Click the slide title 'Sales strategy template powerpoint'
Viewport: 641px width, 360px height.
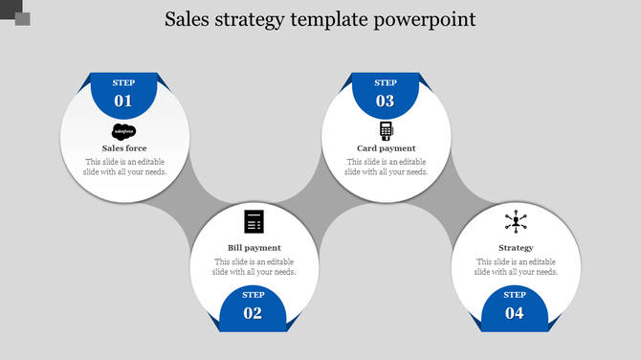(320, 19)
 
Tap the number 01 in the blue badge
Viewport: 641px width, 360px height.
(123, 101)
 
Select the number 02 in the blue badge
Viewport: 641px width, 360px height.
(254, 313)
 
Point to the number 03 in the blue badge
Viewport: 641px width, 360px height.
(385, 101)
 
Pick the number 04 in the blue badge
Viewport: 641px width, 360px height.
(515, 313)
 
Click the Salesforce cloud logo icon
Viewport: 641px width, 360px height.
(124, 131)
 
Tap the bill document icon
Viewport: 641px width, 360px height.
(254, 221)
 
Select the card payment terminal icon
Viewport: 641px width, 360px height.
(386, 130)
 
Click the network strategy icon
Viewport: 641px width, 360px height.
(516, 222)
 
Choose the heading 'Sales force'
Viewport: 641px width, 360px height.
(124, 148)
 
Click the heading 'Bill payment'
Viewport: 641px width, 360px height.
(254, 248)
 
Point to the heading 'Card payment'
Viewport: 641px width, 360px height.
(386, 148)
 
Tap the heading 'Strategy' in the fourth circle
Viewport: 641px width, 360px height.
(516, 248)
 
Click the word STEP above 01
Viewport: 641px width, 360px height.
(123, 83)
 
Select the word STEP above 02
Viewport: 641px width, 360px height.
(254, 295)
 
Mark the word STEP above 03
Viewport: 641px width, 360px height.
(385, 83)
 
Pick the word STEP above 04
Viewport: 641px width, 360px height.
(515, 295)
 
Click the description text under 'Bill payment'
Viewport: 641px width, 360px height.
(254, 266)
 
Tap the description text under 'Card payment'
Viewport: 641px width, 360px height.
(386, 167)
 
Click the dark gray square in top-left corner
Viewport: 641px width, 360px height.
(22, 18)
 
